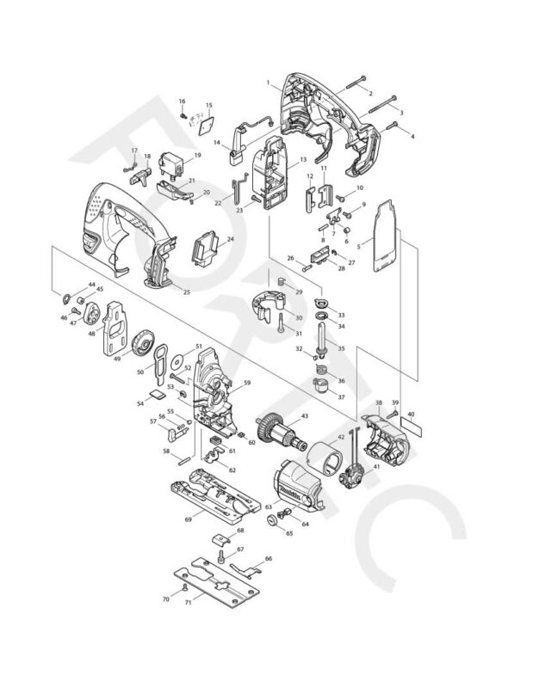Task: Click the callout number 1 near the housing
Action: (269, 83)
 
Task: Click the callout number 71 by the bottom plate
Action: (189, 603)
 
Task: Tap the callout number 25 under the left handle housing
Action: (186, 291)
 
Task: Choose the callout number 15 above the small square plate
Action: (208, 106)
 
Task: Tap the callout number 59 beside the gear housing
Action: (246, 383)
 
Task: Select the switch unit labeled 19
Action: (178, 163)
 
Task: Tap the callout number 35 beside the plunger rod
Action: (339, 348)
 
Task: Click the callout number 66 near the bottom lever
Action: (268, 559)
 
